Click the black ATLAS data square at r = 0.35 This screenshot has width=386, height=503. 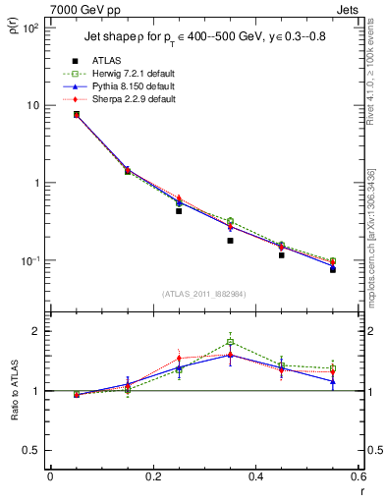(230, 241)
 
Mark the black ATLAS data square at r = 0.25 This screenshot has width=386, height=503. (179, 211)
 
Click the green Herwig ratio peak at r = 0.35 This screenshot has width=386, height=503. (230, 342)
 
